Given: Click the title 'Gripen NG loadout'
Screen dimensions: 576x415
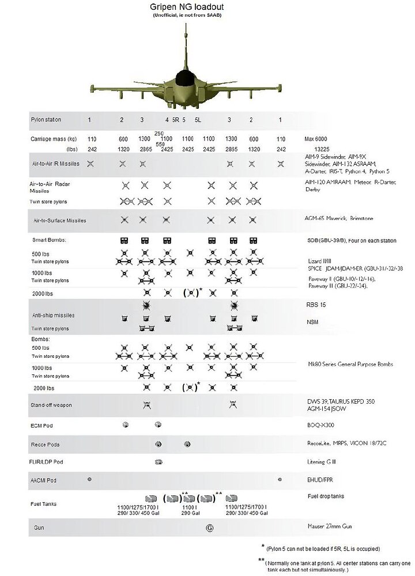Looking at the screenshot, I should [x=187, y=7].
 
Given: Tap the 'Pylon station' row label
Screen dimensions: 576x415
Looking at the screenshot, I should [x=46, y=120].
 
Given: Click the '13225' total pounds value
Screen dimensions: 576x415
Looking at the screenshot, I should [x=321, y=149].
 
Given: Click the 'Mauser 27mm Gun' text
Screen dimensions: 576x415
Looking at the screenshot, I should [x=329, y=526].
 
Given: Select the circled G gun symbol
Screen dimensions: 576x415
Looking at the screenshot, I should [x=210, y=527].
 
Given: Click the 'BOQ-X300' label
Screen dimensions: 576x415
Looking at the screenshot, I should [x=320, y=425].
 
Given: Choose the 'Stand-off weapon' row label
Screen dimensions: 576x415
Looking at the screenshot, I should [x=51, y=406].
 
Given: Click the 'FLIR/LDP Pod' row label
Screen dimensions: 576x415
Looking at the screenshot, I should [x=46, y=462].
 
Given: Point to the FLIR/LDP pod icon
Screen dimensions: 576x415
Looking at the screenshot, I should [x=159, y=462].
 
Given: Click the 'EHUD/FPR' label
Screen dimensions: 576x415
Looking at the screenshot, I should [x=320, y=480].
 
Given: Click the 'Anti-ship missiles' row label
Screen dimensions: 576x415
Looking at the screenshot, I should [x=53, y=315].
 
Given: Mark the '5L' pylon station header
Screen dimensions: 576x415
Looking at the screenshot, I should [x=197, y=120].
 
